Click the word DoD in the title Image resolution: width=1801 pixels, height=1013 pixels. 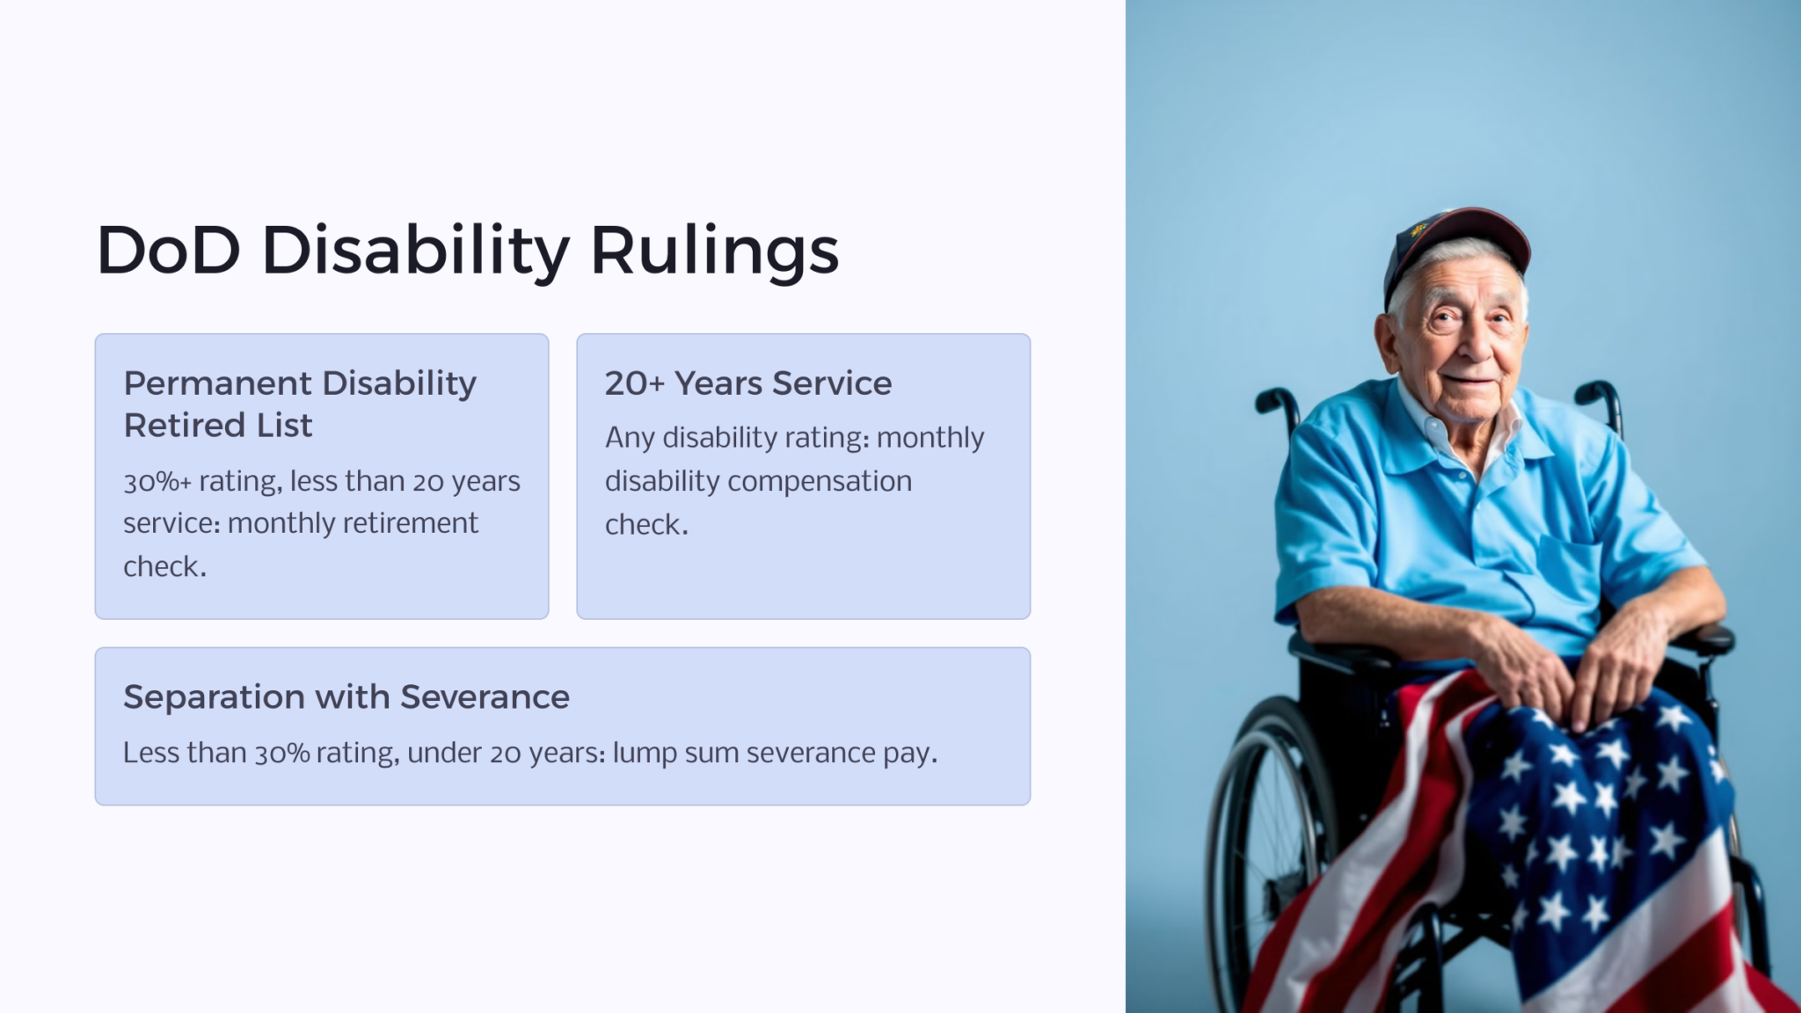point(167,251)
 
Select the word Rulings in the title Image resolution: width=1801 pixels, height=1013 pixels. point(714,252)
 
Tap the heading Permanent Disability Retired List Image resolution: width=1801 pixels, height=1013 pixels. point(299,404)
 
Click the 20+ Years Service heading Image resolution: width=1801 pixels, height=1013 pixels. point(747,383)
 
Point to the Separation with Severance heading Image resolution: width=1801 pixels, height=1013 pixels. point(346,697)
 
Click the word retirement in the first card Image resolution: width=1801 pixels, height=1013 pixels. point(409,523)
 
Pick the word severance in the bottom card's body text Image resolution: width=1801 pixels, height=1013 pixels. point(811,754)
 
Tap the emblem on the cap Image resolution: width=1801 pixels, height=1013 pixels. point(1418,230)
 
